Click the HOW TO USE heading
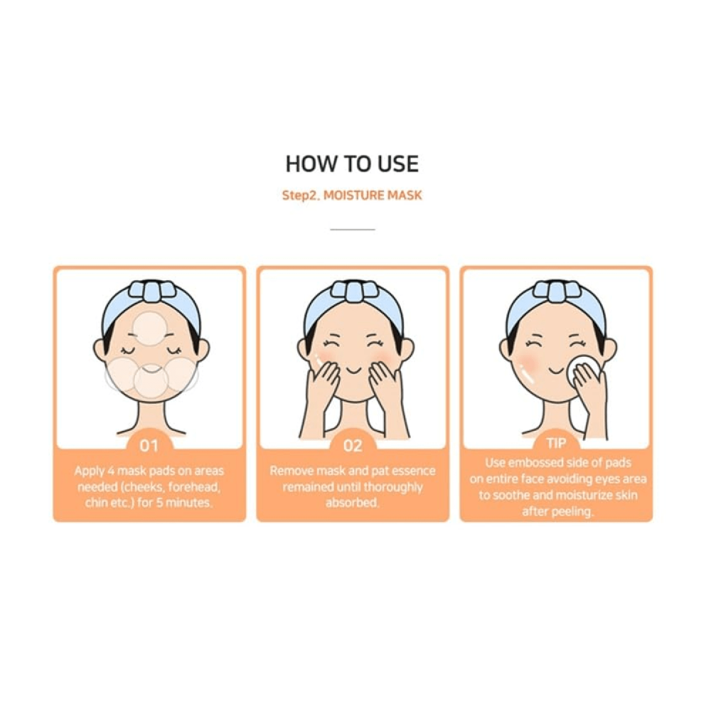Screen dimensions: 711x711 352,164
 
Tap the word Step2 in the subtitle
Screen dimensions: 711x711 301,195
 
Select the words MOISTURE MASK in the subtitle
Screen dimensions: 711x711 372,195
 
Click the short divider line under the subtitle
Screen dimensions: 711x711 353,230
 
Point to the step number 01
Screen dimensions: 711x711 149,446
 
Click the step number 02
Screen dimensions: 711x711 353,446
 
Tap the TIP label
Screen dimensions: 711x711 556,444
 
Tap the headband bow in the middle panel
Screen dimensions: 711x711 353,292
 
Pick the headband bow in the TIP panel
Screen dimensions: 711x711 556,292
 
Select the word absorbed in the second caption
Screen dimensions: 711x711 353,503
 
